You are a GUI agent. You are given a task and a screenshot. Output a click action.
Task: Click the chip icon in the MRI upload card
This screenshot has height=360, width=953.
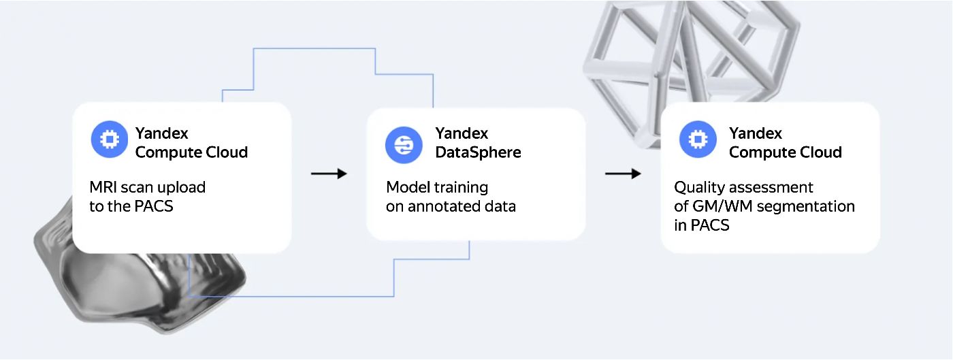click(109, 139)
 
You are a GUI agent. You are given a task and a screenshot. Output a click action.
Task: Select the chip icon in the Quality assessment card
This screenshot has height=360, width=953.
click(697, 139)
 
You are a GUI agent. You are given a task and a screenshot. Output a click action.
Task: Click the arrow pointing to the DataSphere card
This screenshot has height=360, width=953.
click(329, 174)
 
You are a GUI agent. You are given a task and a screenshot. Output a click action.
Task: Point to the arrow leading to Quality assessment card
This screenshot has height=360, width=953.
click(623, 174)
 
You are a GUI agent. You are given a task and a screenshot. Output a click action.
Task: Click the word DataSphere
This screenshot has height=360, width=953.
click(478, 152)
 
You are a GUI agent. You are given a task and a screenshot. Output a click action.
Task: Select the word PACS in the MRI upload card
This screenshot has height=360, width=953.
click(153, 206)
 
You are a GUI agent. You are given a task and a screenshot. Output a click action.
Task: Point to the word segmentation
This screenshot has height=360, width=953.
click(806, 206)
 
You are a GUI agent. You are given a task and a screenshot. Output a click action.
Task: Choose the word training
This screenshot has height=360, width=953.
click(462, 187)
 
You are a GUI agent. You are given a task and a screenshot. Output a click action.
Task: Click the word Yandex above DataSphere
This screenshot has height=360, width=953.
click(462, 133)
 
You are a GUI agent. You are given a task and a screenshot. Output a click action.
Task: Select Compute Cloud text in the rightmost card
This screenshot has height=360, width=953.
click(785, 152)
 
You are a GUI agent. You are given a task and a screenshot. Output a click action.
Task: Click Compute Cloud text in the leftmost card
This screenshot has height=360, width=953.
click(191, 152)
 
